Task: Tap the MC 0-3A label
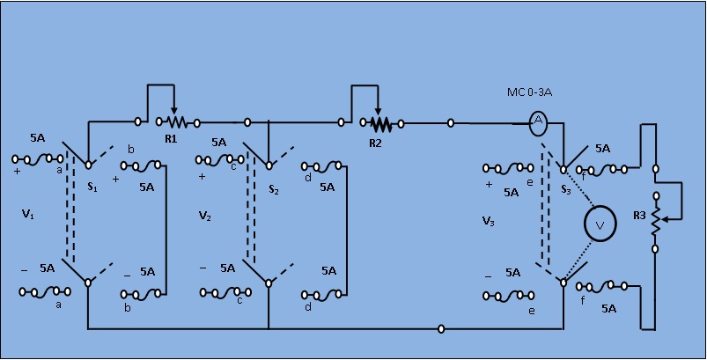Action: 529,92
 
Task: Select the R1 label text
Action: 171,139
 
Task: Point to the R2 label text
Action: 376,142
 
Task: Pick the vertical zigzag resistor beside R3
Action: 655,222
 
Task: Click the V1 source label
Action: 28,214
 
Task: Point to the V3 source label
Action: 489,221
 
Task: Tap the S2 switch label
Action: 274,189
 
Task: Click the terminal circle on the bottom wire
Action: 441,330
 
